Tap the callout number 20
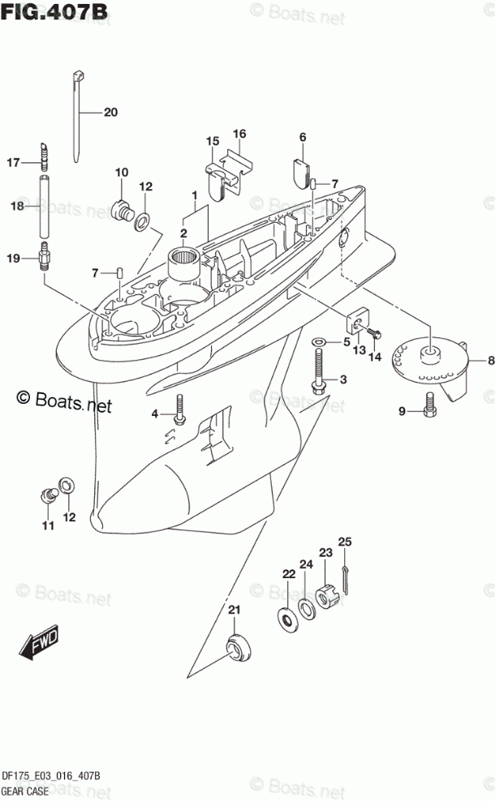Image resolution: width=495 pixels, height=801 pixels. [110, 112]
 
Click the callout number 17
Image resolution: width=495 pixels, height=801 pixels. [13, 163]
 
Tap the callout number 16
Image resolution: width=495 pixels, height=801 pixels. [239, 134]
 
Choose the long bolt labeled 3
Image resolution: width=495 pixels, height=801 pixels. [318, 369]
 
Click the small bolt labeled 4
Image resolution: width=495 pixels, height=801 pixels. [180, 410]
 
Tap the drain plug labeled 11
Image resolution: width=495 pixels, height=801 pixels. [49, 493]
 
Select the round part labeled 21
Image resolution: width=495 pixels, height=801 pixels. [237, 649]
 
